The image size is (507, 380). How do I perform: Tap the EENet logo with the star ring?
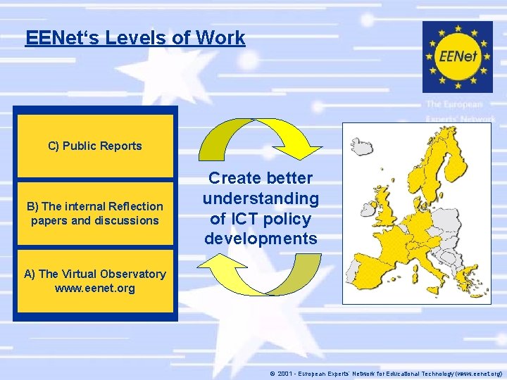click(x=457, y=56)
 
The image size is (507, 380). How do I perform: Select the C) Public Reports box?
click(x=95, y=146)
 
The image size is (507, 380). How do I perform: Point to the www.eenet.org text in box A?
click(x=94, y=289)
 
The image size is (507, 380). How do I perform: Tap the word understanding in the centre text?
click(x=261, y=198)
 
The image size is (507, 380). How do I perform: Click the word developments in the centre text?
click(x=261, y=239)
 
